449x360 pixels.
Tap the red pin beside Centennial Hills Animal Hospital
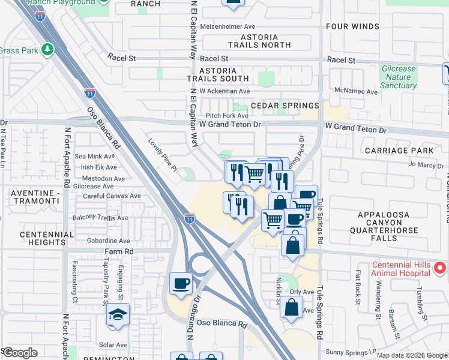click(441, 266)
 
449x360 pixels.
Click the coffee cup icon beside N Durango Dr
click(181, 284)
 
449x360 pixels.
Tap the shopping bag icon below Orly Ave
click(291, 307)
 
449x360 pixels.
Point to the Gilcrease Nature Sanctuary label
click(399, 77)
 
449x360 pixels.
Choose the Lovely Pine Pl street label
click(162, 155)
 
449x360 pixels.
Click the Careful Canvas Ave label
click(112, 196)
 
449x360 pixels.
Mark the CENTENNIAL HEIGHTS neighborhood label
click(43, 238)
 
